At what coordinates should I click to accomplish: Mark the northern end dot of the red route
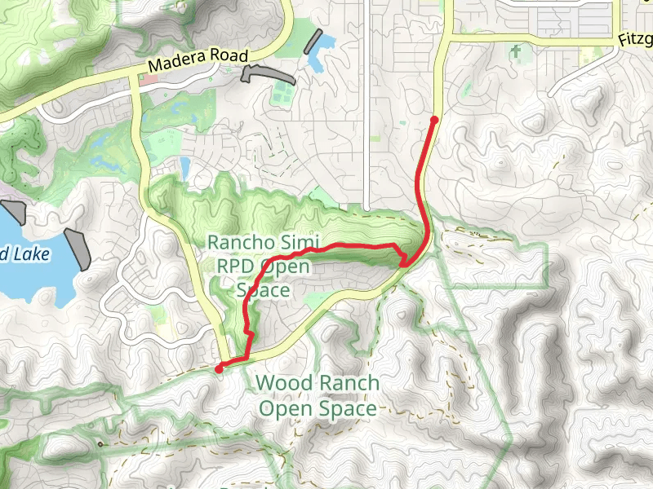pyautogui.click(x=434, y=120)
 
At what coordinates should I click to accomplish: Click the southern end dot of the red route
pyautogui.click(x=219, y=369)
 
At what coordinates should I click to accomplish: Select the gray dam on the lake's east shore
pyautogui.click(x=79, y=249)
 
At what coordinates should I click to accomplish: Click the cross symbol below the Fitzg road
pyautogui.click(x=515, y=51)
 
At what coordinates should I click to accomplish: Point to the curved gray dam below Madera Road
pyautogui.click(x=260, y=73)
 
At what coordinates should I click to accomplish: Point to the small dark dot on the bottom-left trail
pyautogui.click(x=100, y=444)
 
